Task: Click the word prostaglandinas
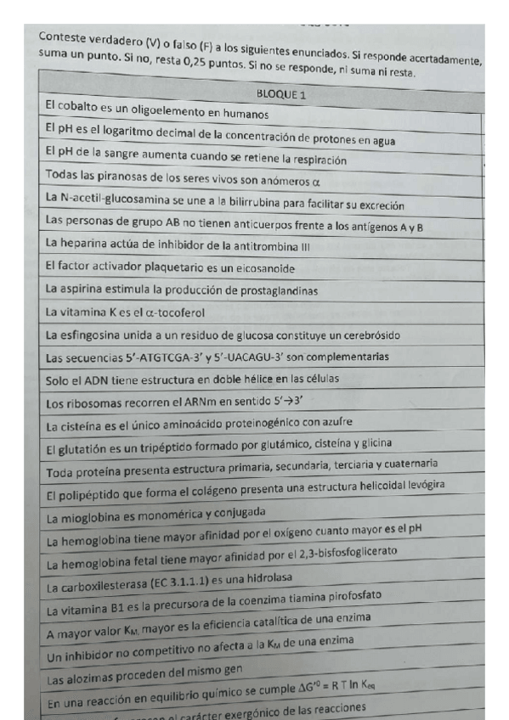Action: pyautogui.click(x=270, y=290)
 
